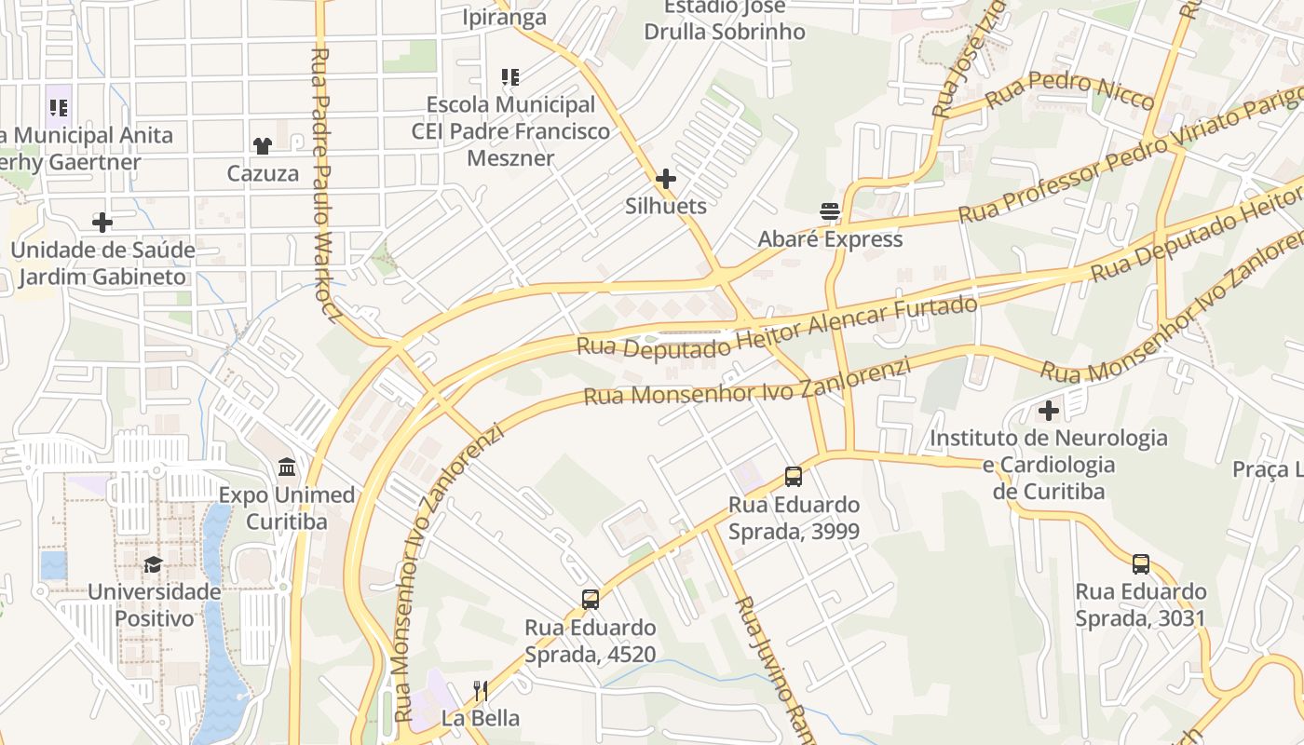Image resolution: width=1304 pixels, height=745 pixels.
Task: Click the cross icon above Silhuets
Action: pos(666,178)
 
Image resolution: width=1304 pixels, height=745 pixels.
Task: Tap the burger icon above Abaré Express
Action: pos(830,211)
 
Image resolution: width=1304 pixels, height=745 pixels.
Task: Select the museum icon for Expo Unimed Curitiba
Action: pos(287,467)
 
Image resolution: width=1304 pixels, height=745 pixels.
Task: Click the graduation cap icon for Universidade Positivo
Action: pos(153,564)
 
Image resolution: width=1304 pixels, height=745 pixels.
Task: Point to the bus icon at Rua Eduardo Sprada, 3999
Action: pos(794,477)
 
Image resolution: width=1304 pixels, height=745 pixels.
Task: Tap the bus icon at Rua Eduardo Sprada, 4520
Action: pos(591,600)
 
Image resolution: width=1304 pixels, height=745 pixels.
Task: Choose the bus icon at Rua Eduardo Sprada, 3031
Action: pos(1141,563)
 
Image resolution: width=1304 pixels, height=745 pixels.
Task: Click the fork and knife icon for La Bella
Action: pos(481,691)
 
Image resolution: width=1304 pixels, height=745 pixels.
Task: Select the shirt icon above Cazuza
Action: pos(263,145)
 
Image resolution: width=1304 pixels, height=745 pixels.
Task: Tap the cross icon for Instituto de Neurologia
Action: pos(1049,410)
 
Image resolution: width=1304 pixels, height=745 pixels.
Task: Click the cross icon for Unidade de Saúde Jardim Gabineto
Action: pos(102,223)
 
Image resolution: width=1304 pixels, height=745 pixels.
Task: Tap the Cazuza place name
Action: pos(264,173)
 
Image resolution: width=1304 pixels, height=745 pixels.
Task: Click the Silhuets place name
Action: pos(666,206)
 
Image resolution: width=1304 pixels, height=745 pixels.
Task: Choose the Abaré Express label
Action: pos(830,239)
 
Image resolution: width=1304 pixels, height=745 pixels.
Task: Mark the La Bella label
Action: pos(481,719)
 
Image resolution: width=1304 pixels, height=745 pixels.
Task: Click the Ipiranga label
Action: pos(504,18)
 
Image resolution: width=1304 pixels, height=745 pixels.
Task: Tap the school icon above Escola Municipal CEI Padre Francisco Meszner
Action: pos(509,76)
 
